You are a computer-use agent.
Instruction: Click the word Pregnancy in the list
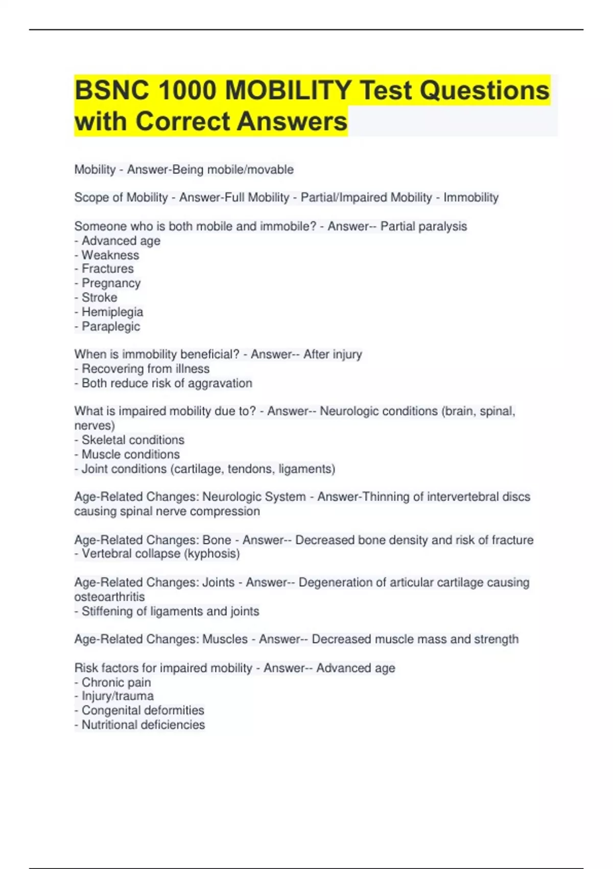point(111,283)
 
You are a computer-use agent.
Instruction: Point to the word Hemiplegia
point(112,312)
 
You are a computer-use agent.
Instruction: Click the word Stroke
point(99,298)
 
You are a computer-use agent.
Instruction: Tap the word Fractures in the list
point(108,269)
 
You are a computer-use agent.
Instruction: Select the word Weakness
point(110,255)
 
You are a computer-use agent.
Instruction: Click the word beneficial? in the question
point(209,354)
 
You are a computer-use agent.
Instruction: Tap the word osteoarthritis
point(109,597)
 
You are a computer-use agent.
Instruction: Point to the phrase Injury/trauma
point(117,696)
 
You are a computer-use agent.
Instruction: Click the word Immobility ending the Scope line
point(470,198)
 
